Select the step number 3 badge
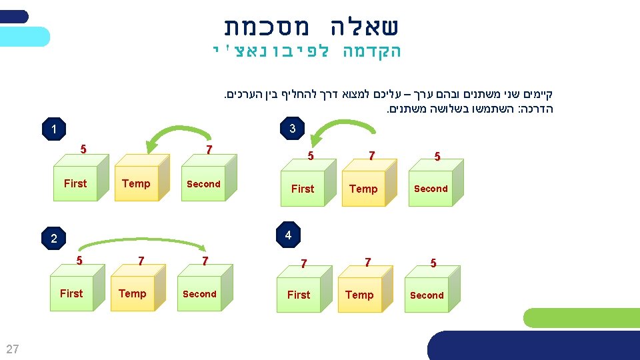tap(293, 129)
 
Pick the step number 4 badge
tap(288, 235)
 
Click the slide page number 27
tap(13, 349)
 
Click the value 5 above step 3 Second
tap(437, 157)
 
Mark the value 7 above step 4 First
tap(303, 264)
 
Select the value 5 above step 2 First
tap(79, 261)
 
